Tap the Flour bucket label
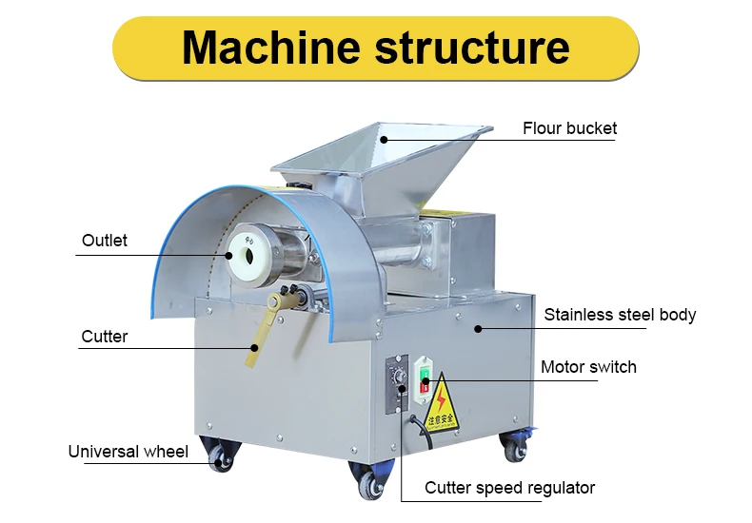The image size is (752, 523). coord(569,128)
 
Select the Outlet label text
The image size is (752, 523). coord(105,241)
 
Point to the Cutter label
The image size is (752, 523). coord(105,336)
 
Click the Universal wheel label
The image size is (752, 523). coord(129,451)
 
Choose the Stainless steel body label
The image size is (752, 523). coord(620,315)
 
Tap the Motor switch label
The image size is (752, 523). coord(588,367)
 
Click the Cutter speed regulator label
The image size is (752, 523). coord(509,488)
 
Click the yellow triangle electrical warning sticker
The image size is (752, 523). coord(441,403)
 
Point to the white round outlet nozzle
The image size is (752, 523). coord(249,254)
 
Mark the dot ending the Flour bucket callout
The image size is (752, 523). coord(384,138)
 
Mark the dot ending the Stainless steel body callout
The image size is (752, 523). coord(479,328)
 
